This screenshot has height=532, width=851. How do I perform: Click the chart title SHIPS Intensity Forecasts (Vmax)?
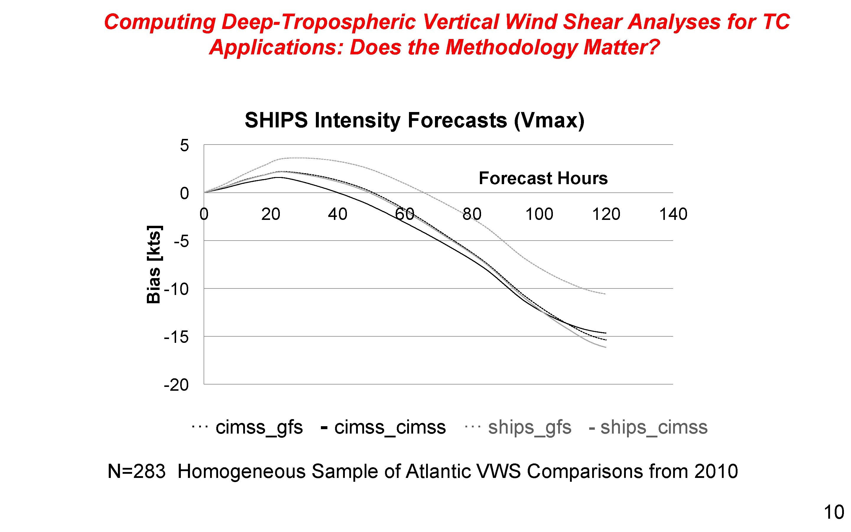tap(414, 120)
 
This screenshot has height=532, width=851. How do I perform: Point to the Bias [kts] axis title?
tap(154, 264)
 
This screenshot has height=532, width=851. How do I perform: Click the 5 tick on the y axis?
tap(184, 145)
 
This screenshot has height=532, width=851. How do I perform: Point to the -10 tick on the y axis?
tap(176, 289)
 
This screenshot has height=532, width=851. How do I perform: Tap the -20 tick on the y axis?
tap(176, 385)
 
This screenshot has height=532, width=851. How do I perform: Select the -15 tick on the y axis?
tap(176, 337)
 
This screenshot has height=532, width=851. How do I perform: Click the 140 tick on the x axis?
tap(673, 214)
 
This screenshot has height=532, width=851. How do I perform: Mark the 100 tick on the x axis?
tap(539, 214)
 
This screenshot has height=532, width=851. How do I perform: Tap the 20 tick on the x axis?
tap(270, 214)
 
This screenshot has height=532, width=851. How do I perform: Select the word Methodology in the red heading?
tap(511, 47)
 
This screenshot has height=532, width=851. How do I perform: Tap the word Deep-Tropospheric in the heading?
tap(319, 22)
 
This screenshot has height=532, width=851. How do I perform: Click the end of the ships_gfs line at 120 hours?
tap(605, 294)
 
